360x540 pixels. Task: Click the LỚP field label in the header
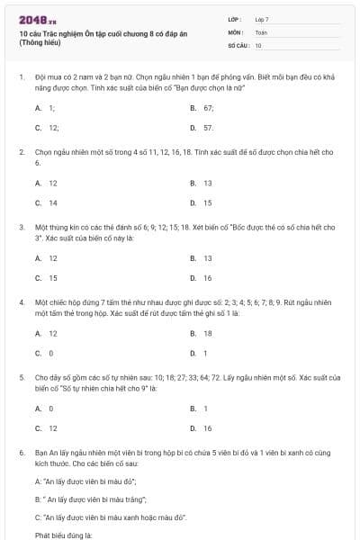(235, 18)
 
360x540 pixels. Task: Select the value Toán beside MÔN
(260, 31)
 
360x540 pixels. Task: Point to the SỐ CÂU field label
(238, 44)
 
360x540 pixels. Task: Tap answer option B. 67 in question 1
(201, 107)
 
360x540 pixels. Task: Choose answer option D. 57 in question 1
(201, 128)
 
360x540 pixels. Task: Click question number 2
(21, 152)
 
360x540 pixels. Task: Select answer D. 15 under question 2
(202, 202)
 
